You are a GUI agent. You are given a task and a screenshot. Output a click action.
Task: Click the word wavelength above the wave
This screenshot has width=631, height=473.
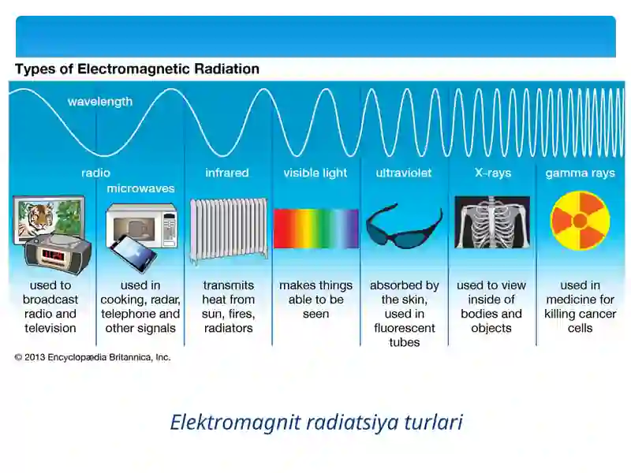coord(100,102)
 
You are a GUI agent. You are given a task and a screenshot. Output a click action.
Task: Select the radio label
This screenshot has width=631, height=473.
coord(95,173)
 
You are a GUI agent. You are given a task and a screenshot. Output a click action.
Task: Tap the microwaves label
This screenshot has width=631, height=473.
coord(141,188)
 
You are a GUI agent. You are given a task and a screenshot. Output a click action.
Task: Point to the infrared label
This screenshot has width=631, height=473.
coord(227,173)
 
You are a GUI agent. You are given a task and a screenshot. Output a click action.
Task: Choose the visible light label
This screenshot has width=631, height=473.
coord(315,173)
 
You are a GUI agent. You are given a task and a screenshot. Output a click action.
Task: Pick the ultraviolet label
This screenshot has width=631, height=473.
coord(404,173)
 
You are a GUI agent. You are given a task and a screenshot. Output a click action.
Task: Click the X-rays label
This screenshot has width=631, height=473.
coord(493,173)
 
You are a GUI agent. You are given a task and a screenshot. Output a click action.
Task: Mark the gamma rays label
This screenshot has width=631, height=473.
coord(581,173)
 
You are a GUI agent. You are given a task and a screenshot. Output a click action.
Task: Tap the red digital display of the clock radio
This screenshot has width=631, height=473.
coord(53,255)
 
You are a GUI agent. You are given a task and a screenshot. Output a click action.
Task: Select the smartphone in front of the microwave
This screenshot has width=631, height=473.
coord(133,253)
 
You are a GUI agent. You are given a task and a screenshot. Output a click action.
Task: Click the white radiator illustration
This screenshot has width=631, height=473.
coord(229,230)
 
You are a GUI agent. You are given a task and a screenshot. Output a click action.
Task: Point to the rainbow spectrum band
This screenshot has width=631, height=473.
coord(316,228)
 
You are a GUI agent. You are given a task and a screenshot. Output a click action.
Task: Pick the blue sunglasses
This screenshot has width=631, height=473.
coord(404,228)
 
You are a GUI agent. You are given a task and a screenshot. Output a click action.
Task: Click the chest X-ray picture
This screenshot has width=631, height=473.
coord(491,222)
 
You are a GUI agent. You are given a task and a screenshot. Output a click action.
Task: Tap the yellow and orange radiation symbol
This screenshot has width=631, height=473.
coord(580,221)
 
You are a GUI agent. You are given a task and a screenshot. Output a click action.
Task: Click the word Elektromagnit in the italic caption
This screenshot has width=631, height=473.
coord(235,423)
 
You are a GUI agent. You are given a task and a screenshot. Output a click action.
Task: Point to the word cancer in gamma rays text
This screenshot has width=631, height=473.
coord(597,314)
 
